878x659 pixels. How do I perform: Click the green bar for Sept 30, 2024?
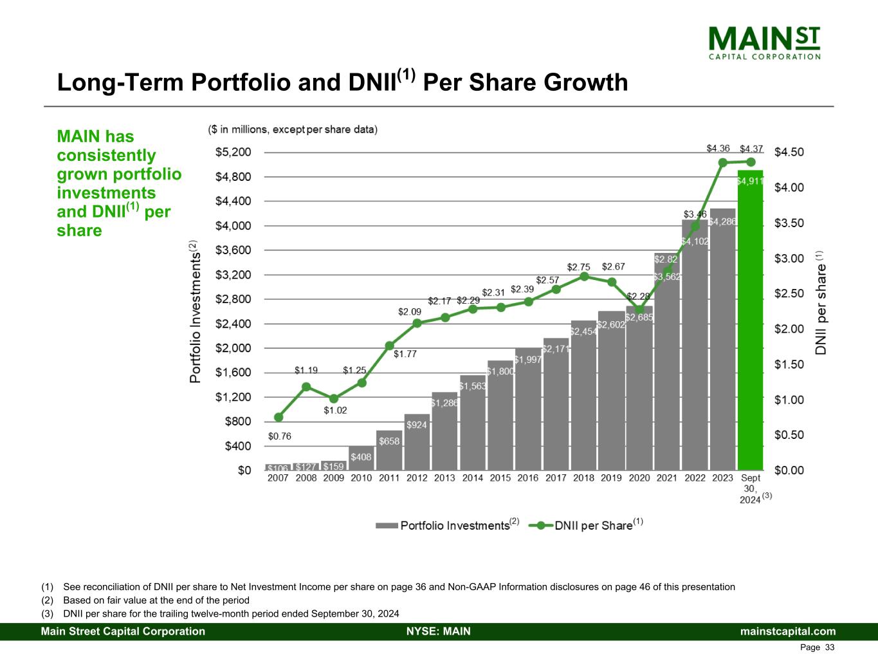pos(751,320)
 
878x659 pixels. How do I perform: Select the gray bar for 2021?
pos(667,362)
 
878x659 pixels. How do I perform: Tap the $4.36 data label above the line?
pos(718,149)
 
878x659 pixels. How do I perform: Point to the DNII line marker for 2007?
pos(279,417)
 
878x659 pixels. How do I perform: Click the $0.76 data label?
pos(280,436)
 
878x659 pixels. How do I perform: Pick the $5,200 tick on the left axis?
pos(233,152)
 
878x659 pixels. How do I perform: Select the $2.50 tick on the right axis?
pos(789,293)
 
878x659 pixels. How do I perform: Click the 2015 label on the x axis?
pos(500,478)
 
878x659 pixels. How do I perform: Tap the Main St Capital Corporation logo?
pos(764,43)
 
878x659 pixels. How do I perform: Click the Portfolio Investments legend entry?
pos(447,525)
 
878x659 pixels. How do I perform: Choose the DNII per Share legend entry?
pos(585,525)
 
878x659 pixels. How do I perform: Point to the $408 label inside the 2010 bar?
pos(361,457)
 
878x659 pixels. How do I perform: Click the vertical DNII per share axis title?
pos(820,303)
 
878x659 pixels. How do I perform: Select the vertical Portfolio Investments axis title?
pos(195,311)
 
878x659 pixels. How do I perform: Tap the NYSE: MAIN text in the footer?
pos(439,631)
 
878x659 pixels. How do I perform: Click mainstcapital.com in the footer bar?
pos(788,631)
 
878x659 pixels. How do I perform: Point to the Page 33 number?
pos(817,647)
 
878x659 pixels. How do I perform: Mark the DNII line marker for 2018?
pos(584,277)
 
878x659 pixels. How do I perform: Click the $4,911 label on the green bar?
pos(751,181)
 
